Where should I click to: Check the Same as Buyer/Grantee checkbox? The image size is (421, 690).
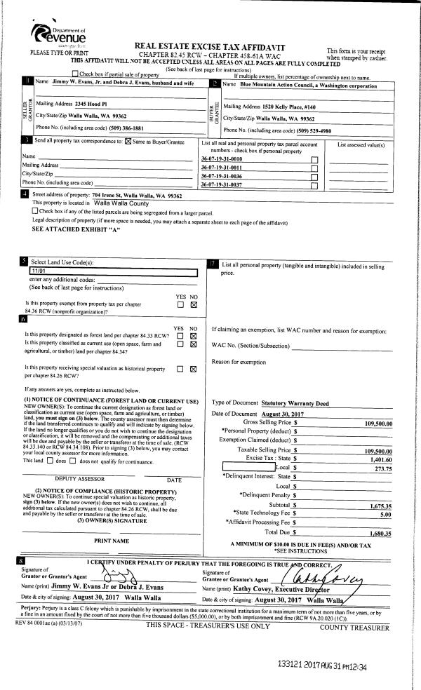tap(128, 142)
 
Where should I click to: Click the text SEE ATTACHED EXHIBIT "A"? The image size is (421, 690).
tap(69, 229)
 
